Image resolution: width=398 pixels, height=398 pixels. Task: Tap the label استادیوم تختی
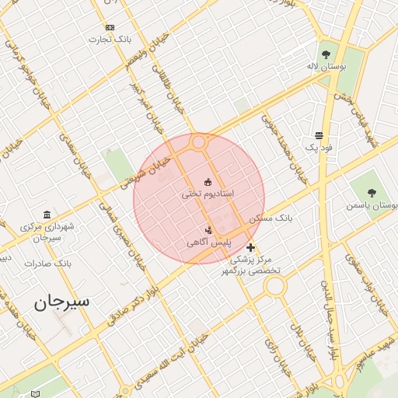pyautogui.click(x=208, y=193)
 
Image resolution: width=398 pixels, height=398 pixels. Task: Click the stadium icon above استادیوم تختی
pyautogui.click(x=208, y=182)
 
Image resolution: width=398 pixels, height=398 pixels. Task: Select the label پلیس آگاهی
pyautogui.click(x=208, y=243)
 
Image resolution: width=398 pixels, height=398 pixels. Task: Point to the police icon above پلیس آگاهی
pyautogui.click(x=208, y=230)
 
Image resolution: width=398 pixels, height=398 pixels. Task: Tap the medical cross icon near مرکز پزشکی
pyautogui.click(x=250, y=247)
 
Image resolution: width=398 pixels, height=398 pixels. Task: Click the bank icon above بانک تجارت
pyautogui.click(x=109, y=27)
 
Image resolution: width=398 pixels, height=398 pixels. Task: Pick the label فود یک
pyautogui.click(x=319, y=147)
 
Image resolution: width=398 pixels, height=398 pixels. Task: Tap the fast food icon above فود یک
pyautogui.click(x=319, y=135)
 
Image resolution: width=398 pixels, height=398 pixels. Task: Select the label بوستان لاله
pyautogui.click(x=326, y=68)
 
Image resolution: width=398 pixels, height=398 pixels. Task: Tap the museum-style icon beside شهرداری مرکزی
pyautogui.click(x=47, y=215)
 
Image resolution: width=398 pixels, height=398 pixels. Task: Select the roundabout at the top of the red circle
pyautogui.click(x=199, y=142)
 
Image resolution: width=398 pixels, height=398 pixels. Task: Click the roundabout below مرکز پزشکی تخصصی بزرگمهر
pyautogui.click(x=274, y=287)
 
